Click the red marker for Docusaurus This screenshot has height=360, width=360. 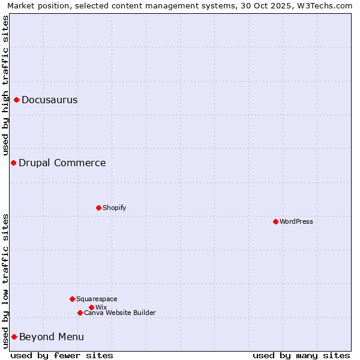pyautogui.click(x=17, y=100)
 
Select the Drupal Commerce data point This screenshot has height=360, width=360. pyautogui.click(x=13, y=163)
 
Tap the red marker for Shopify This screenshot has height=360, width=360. pyautogui.click(x=98, y=208)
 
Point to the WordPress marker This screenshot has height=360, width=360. pyautogui.click(x=275, y=221)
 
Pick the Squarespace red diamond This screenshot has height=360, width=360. pyautogui.click(x=72, y=299)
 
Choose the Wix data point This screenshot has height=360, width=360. pyautogui.click(x=91, y=307)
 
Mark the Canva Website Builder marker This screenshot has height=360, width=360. pyautogui.click(x=80, y=313)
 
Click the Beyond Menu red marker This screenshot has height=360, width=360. pyautogui.click(x=14, y=337)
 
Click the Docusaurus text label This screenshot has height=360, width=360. pyautogui.click(x=50, y=100)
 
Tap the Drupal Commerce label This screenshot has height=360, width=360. pyautogui.click(x=62, y=163)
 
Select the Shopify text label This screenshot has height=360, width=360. pyautogui.click(x=115, y=208)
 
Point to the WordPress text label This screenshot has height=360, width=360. pyautogui.click(x=296, y=221)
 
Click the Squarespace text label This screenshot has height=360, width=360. pyautogui.click(x=97, y=299)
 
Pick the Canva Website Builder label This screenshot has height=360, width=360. pyautogui.click(x=120, y=313)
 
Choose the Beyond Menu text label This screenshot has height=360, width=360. pyautogui.click(x=52, y=337)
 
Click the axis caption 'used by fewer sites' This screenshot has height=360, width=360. pyautogui.click(x=62, y=355)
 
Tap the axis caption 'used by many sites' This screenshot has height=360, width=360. pyautogui.click(x=301, y=355)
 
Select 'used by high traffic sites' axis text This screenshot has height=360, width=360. pyautogui.click(x=5, y=85)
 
